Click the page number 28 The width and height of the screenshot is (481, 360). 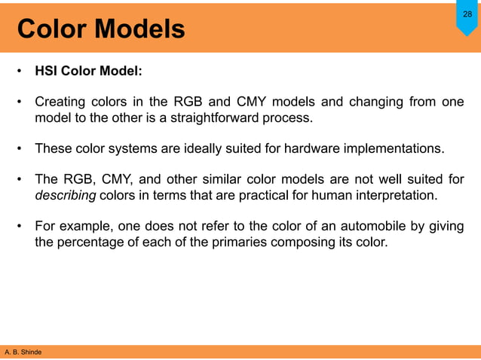[467, 14]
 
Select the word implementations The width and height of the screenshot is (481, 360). [396, 148]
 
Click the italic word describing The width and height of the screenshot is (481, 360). [66, 196]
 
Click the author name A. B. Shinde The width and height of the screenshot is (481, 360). [23, 352]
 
